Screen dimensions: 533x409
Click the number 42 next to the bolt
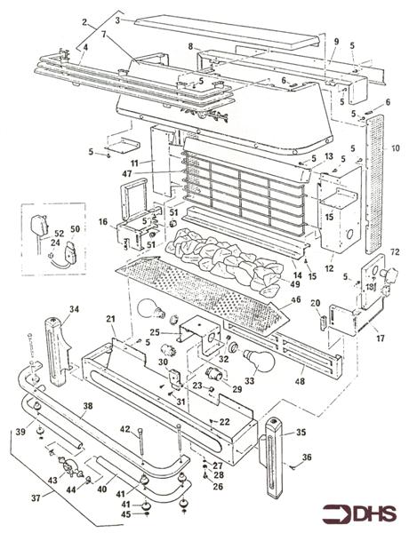point(125,429)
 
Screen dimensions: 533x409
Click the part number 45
point(125,513)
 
